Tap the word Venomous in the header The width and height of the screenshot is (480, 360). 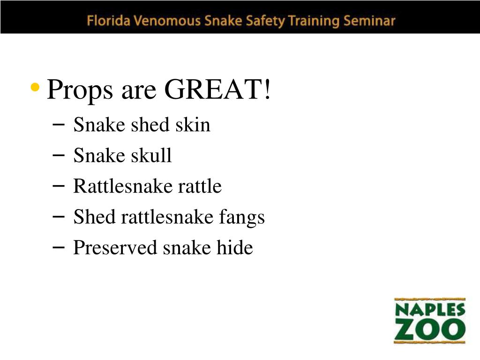coord(160,21)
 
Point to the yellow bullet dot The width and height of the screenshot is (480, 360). coord(34,87)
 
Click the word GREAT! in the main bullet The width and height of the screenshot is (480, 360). coord(217,89)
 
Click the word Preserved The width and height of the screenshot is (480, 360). coord(115,247)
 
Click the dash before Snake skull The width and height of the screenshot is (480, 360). coord(59,155)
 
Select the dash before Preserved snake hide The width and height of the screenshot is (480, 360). coord(59,247)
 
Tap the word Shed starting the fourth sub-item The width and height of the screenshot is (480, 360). coord(95,217)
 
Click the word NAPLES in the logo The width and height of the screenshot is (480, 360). coord(430,310)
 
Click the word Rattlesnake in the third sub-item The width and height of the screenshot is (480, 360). coord(123,187)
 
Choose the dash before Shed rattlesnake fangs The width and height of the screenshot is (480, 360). coord(59,216)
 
